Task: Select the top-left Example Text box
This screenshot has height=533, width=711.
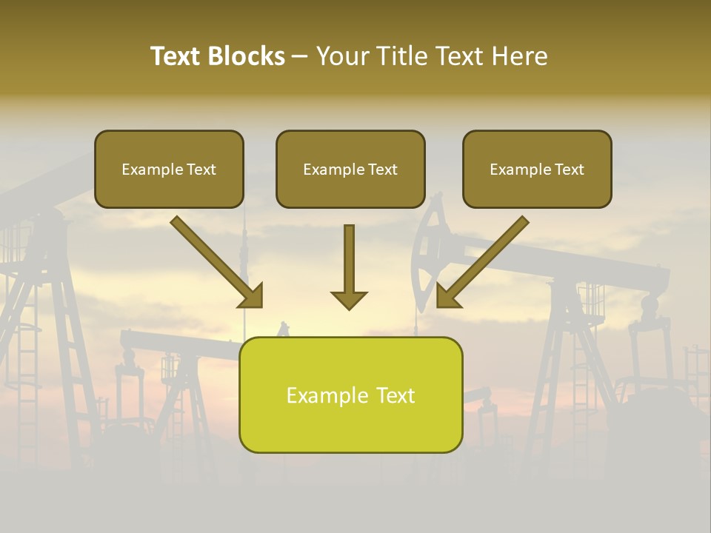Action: pyautogui.click(x=169, y=170)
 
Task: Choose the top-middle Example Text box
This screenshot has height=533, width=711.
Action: pyautogui.click(x=350, y=170)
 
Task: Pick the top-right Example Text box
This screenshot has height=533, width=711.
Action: pyautogui.click(x=537, y=170)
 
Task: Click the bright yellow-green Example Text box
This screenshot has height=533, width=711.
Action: pyautogui.click(x=350, y=395)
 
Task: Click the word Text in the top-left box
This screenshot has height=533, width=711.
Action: pyautogui.click(x=201, y=170)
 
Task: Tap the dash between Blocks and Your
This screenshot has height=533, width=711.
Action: pyautogui.click(x=300, y=56)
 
